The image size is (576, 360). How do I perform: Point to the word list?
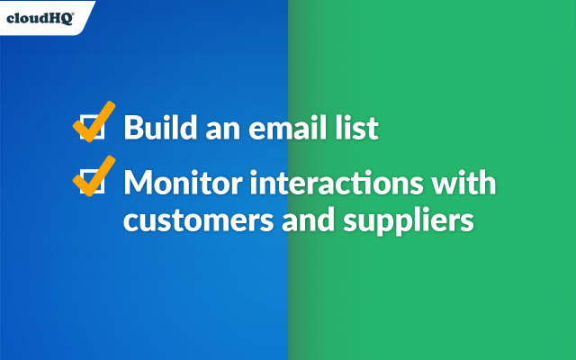(x=358, y=128)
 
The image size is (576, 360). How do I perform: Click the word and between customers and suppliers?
(x=310, y=220)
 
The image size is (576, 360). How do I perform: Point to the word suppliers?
(x=409, y=221)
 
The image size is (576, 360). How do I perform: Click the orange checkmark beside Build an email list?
(x=92, y=121)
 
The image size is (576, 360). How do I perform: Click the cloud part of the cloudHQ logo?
(x=26, y=16)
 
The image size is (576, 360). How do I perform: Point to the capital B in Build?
(x=132, y=128)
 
